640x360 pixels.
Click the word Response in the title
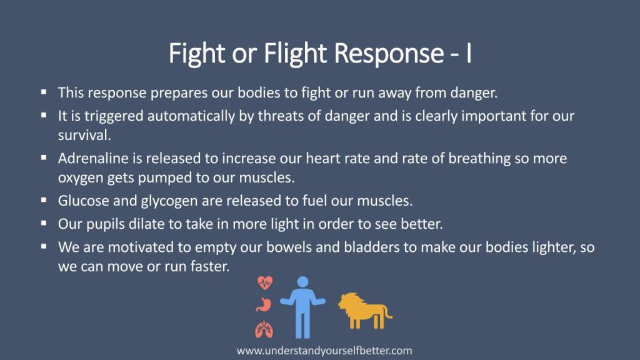389,54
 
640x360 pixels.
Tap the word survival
84,135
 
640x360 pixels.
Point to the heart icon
265,282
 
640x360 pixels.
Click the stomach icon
264,304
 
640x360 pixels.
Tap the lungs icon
264,330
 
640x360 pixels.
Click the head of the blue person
303,282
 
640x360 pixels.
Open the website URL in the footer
324,351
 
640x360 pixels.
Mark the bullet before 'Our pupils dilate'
44,223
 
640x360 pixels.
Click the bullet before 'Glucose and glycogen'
44,199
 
